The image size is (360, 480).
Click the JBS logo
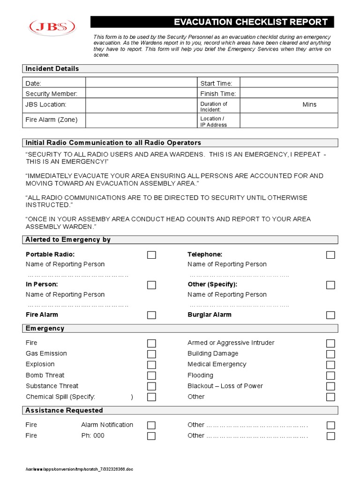coord(52,27)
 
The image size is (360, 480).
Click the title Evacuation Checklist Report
coord(251,22)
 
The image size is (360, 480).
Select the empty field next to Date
coord(141,83)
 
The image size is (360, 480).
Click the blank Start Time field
coord(288,83)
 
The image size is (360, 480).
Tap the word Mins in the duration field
coord(309,105)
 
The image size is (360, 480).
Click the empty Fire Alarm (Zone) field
coord(141,120)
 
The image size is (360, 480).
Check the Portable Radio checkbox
coord(151,255)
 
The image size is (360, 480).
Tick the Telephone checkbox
coord(330,255)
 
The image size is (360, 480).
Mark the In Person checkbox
coord(151,285)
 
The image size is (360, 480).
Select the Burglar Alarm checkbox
coord(330,315)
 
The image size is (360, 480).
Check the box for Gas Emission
coord(151,354)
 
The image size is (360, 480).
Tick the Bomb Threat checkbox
coord(151,375)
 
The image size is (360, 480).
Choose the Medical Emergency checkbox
coord(330,365)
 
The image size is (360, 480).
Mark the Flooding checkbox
coord(330,375)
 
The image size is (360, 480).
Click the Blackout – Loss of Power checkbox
coord(330,386)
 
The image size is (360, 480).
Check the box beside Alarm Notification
coord(151,425)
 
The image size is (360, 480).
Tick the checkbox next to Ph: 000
coord(151,436)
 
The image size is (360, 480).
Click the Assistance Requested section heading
coord(64,410)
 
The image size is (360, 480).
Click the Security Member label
coord(52,94)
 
